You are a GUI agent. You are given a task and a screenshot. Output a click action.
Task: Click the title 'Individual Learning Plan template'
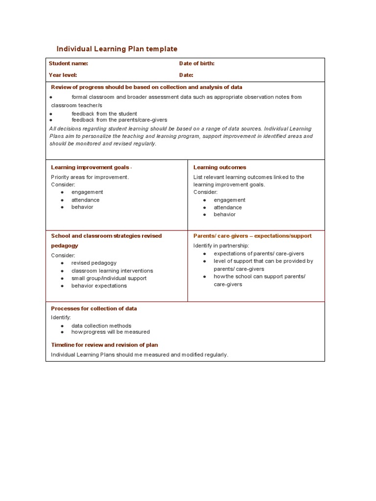117,49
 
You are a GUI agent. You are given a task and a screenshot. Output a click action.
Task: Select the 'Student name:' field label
69,64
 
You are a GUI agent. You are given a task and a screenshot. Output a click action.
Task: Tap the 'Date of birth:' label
197,64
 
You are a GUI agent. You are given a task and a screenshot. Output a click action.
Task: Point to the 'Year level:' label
63,75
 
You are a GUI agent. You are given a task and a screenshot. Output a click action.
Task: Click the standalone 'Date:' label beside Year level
186,75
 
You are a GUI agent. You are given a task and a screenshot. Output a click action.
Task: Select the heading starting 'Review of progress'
147,87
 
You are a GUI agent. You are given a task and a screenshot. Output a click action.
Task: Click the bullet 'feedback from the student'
104,114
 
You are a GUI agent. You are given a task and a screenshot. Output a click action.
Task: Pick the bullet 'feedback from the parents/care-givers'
119,119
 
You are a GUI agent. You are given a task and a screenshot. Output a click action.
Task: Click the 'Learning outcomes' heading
220,167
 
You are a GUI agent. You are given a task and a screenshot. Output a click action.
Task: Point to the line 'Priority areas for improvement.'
90,177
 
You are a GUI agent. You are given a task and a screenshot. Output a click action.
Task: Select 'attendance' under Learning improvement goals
85,200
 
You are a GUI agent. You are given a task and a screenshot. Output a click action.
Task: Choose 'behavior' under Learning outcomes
225,214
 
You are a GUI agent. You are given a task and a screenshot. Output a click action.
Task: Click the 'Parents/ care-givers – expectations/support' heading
252,236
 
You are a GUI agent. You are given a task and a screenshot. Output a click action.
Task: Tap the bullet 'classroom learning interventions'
112,271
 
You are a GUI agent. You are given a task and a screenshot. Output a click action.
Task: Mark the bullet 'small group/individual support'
109,278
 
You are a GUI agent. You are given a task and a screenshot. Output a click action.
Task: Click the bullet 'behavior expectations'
99,286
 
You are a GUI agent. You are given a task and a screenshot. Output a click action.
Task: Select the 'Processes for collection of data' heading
94,309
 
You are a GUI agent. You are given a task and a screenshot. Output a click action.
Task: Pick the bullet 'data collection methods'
101,325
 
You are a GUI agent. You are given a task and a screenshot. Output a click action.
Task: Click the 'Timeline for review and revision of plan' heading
104,345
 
